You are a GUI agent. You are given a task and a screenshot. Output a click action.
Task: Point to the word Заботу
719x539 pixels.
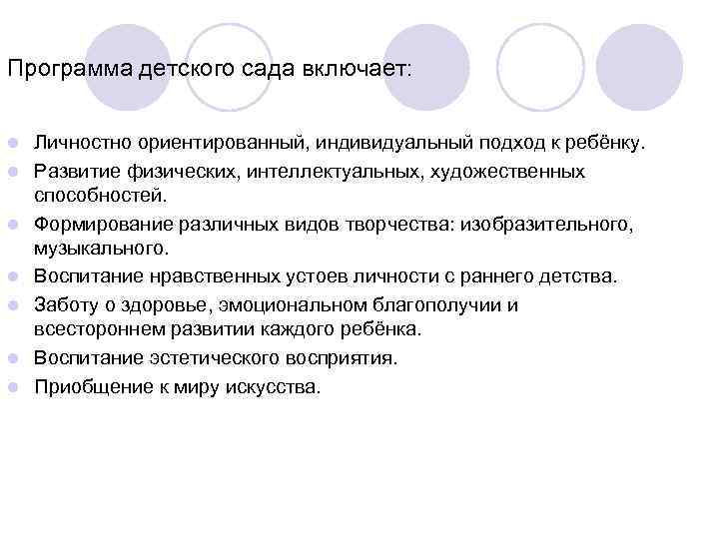[x=65, y=305]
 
